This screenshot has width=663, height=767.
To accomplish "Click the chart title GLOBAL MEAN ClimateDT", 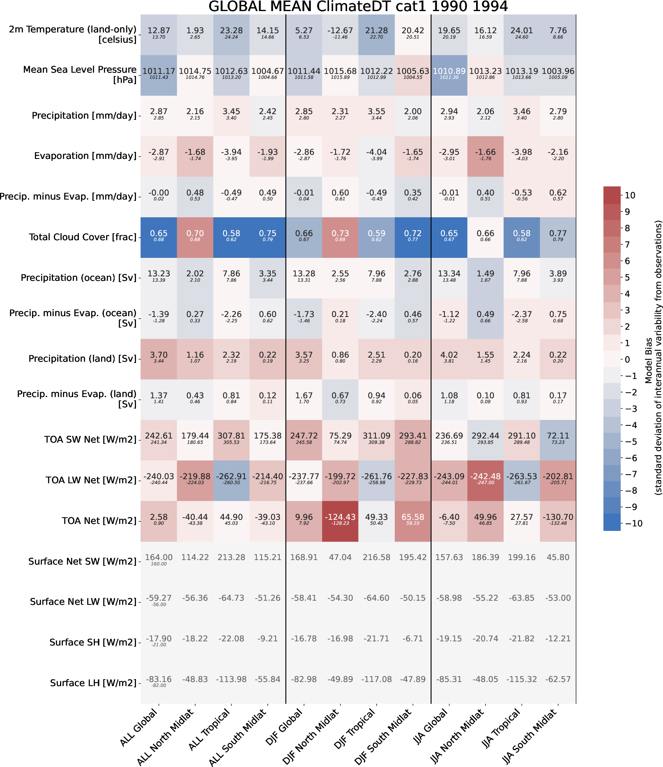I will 358,7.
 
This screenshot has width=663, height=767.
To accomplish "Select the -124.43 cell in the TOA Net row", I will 340,521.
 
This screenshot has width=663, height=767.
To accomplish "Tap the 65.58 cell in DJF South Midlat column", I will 413,521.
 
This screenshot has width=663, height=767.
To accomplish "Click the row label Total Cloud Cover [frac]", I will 83,237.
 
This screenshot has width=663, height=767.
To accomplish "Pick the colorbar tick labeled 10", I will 630,195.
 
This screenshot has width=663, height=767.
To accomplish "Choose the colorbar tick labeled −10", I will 633,524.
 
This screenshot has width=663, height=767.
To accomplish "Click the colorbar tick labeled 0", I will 627,360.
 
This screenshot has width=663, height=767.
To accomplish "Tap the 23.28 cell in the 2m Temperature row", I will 231,34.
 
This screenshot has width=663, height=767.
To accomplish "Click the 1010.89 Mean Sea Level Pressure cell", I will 449,74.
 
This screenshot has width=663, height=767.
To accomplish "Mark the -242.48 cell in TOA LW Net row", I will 485,480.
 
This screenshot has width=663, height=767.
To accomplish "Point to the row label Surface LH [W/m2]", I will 93,683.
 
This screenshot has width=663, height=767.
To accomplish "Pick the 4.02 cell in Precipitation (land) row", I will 449,358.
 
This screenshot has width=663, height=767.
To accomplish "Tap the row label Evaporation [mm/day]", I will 85,156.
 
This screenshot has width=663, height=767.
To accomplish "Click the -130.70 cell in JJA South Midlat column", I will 558,521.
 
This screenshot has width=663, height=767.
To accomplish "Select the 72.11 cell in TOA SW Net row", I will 558,439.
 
